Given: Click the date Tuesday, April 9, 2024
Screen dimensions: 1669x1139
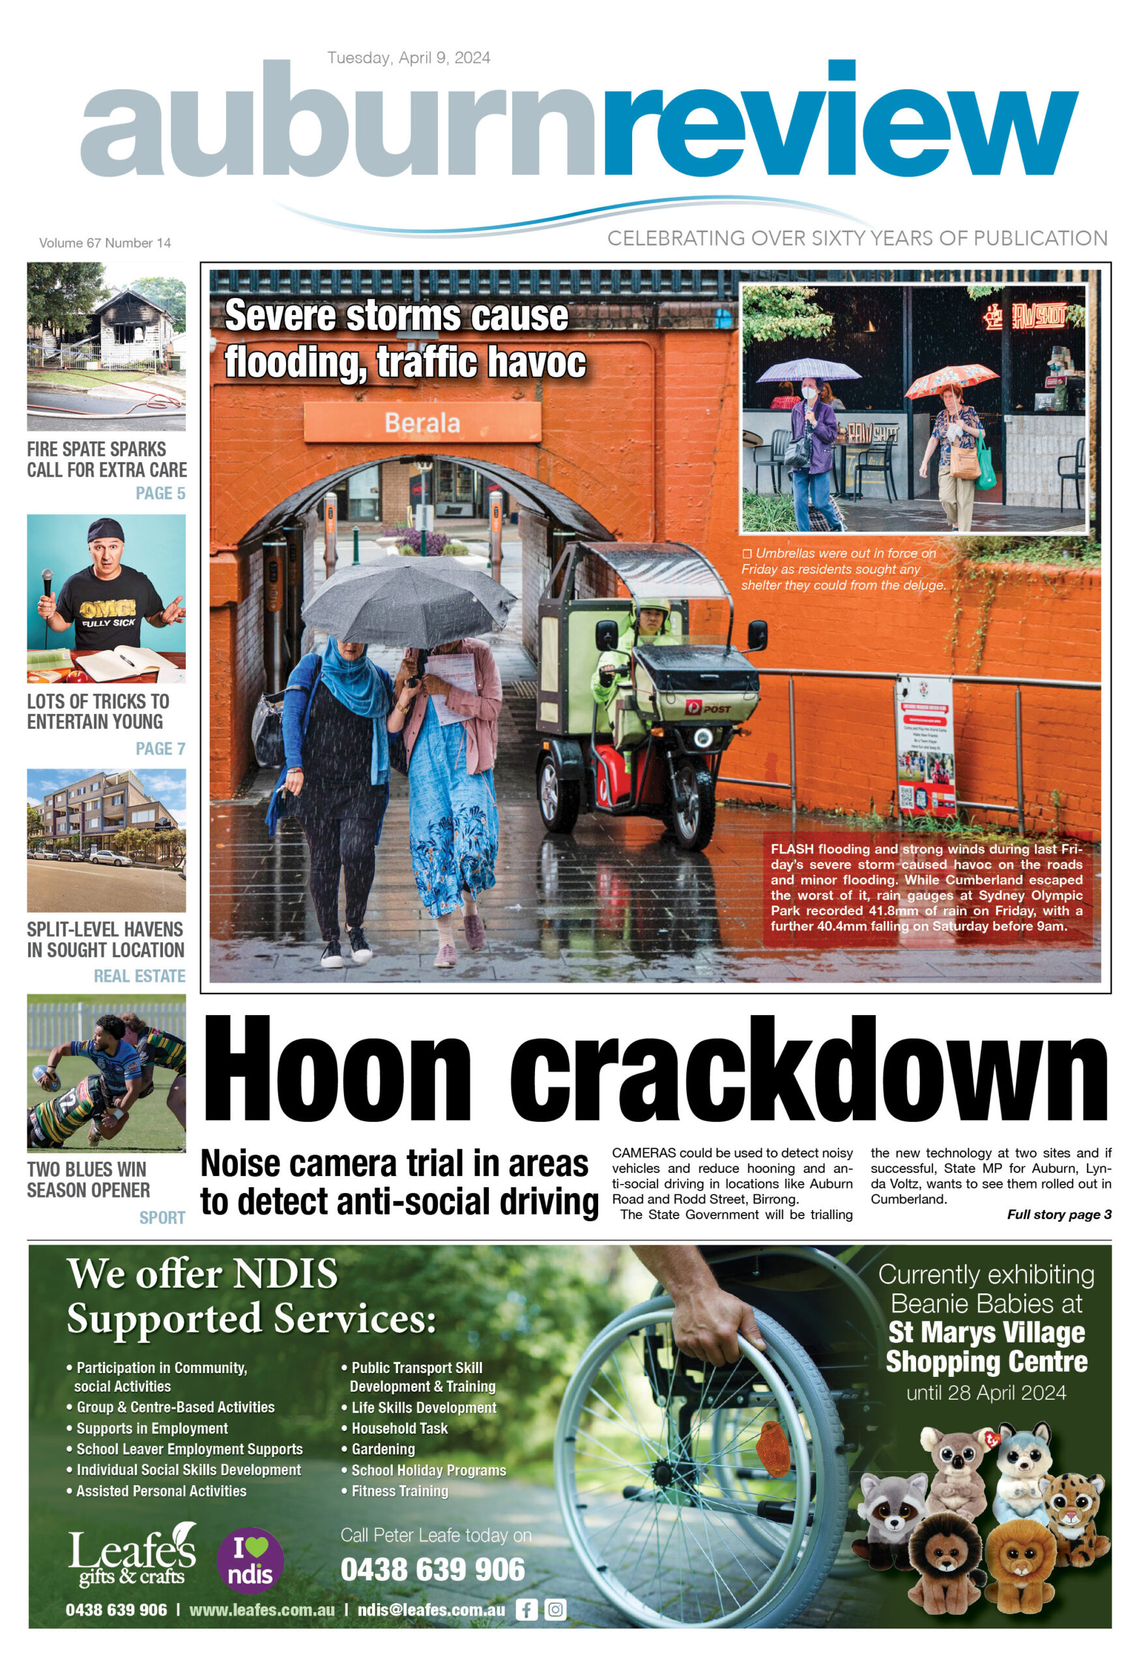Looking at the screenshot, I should point(409,57).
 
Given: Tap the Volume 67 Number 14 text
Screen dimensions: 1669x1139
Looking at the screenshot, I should point(105,243).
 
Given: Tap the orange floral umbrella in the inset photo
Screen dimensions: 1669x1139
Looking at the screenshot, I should point(950,380).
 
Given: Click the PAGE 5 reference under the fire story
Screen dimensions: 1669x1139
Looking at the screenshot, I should point(160,494).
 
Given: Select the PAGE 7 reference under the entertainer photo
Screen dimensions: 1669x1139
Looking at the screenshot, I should point(160,748).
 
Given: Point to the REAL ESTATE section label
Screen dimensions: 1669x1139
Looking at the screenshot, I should point(139,975).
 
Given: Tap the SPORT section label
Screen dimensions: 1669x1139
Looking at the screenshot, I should point(162,1217).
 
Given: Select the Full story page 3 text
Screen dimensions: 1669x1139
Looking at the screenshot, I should point(1059,1215).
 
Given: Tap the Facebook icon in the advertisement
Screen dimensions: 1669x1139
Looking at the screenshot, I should point(526,1610).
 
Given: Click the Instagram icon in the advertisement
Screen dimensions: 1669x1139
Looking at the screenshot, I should point(555,1610).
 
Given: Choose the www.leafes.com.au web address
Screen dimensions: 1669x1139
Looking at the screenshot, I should point(261,1610).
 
